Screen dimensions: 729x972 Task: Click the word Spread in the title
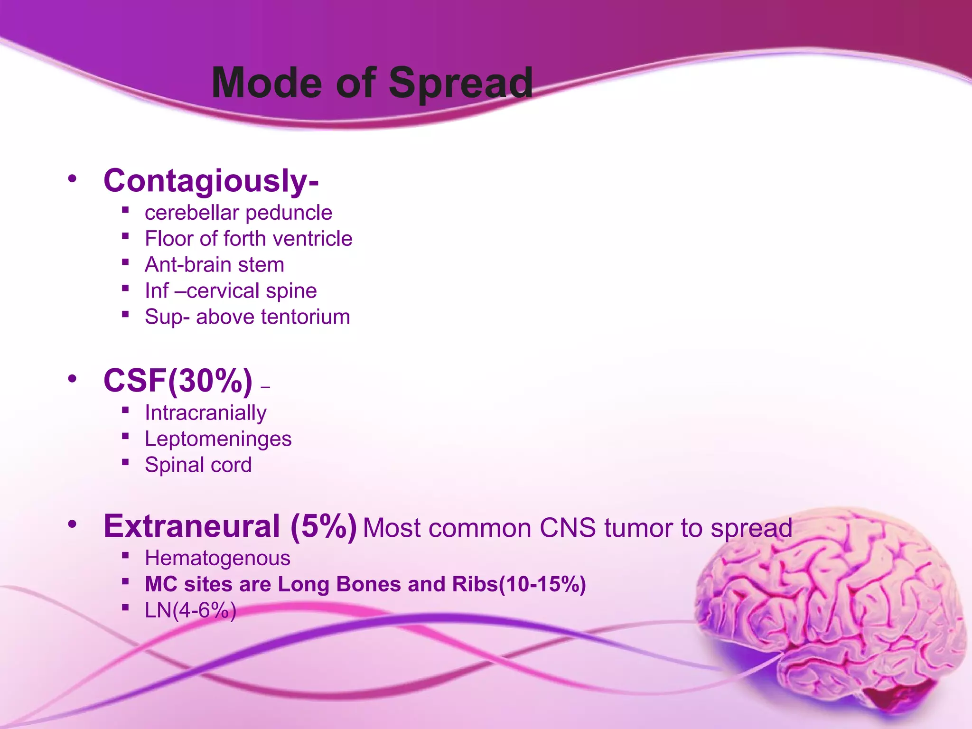point(460,84)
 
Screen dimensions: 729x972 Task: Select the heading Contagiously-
point(211,181)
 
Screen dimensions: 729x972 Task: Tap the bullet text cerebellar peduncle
point(238,213)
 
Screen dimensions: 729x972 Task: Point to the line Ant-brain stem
point(215,265)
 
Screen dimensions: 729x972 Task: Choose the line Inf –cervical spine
point(231,291)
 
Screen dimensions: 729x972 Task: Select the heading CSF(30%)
point(178,381)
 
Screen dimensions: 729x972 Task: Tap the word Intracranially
point(206,413)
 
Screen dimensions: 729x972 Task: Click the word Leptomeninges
point(218,439)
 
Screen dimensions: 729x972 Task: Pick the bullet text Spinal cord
point(198,465)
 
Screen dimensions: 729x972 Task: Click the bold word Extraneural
point(192,526)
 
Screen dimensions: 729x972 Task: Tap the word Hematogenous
point(217,558)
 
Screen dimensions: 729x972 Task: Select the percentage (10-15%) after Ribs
point(542,584)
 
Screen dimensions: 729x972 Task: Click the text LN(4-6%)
point(190,610)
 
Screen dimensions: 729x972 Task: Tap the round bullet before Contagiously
point(72,179)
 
